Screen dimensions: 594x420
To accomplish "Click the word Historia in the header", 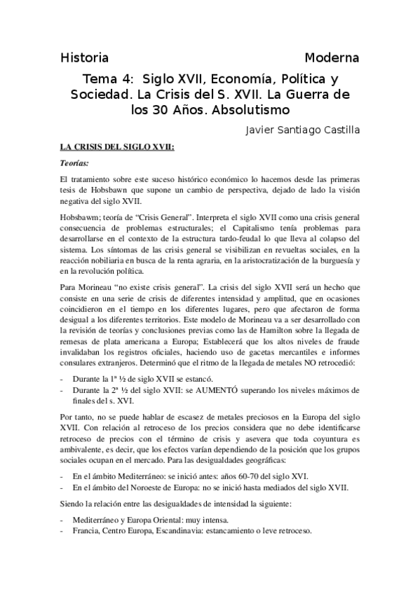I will point(85,57).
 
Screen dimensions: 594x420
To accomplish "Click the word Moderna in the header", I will point(332,57).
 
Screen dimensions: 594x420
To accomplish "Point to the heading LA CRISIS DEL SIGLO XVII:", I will point(117,148).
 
